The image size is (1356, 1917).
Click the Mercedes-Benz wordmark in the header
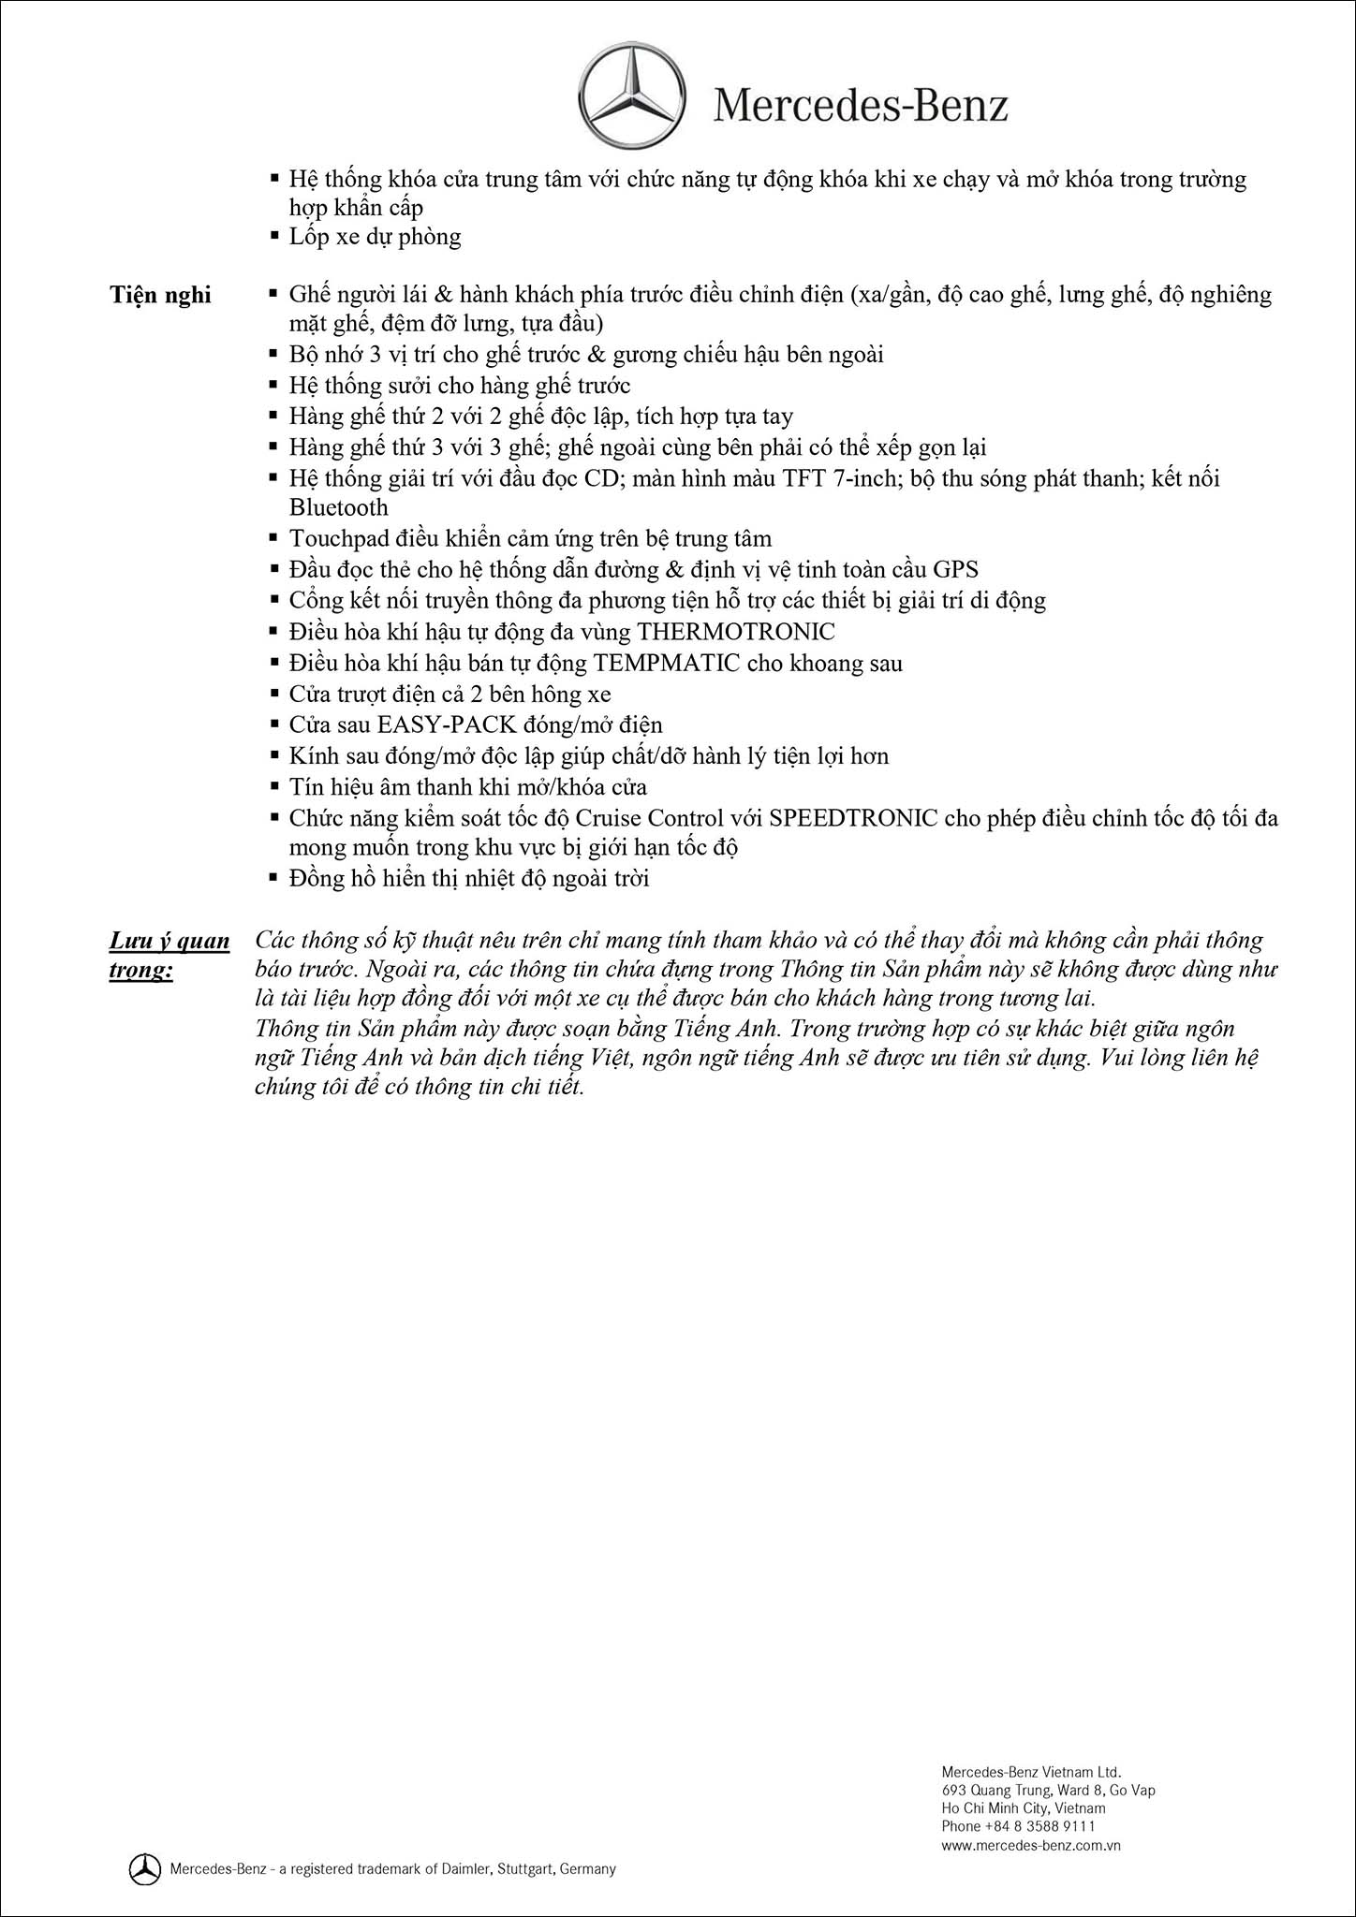[861, 106]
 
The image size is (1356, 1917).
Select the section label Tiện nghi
[160, 295]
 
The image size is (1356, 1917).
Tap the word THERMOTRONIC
[735, 632]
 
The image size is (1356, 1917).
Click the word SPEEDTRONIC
[853, 818]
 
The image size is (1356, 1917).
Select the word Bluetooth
[338, 507]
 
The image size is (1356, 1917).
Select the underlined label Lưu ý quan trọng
[169, 955]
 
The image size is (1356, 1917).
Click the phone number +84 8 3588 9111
[1039, 1825]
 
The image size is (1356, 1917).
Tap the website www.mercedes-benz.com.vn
[1031, 1845]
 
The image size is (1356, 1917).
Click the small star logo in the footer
[143, 1868]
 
